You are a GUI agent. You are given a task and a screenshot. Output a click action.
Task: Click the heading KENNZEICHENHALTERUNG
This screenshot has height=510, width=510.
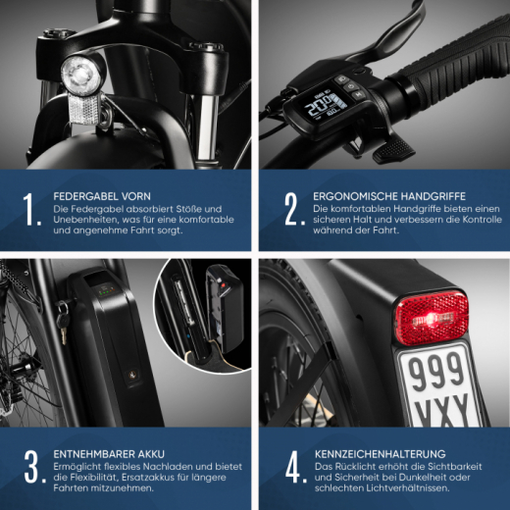[x=381, y=452]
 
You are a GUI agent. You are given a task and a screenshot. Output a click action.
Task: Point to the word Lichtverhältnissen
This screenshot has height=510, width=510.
[x=407, y=489]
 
